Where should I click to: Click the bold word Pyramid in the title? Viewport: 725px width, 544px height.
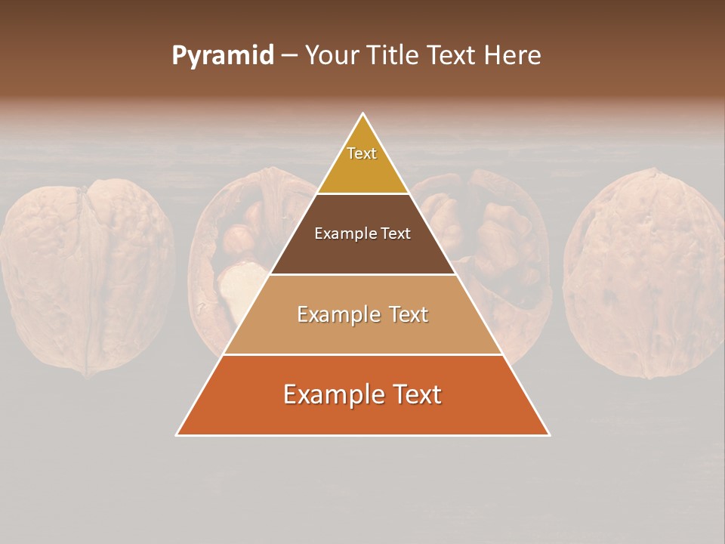(222, 56)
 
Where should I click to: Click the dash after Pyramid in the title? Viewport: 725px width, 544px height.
(289, 56)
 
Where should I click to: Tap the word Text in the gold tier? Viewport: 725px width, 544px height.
(362, 153)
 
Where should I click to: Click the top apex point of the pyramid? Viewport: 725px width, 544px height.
(362, 113)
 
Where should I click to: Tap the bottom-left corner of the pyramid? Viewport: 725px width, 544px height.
(177, 434)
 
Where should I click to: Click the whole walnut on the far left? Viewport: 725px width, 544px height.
(87, 277)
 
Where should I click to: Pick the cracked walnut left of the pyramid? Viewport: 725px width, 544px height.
(242, 257)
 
